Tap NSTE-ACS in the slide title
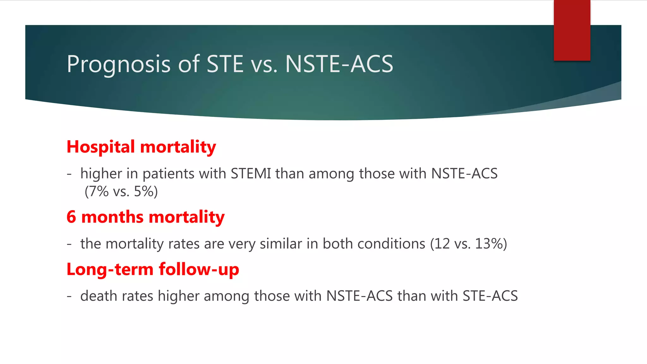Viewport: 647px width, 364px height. [x=339, y=64]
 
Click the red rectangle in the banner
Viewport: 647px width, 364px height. [x=572, y=30]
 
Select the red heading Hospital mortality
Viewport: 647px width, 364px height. [x=141, y=147]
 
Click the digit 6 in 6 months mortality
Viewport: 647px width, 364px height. [x=71, y=217]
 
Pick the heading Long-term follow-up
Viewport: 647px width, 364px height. [x=153, y=270]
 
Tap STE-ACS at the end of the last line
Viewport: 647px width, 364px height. [x=490, y=296]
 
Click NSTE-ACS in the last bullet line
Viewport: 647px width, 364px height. [x=360, y=296]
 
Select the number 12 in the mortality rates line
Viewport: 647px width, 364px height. [x=442, y=244]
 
